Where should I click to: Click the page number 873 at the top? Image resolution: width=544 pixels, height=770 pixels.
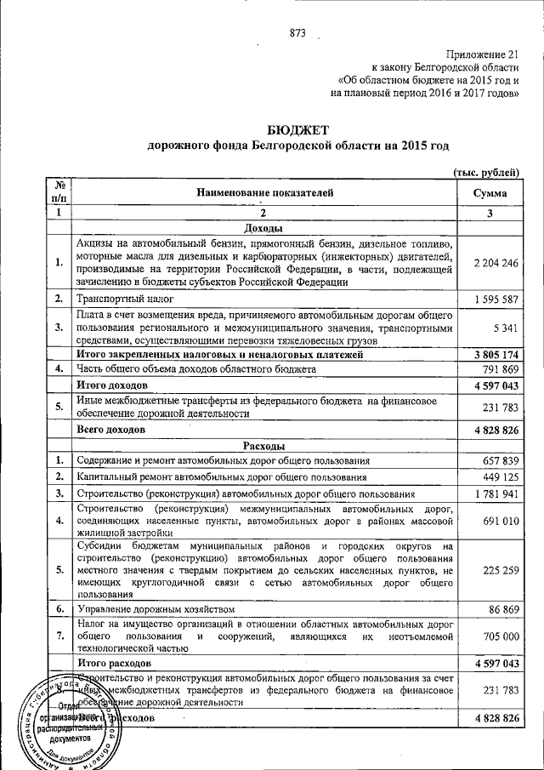(x=297, y=33)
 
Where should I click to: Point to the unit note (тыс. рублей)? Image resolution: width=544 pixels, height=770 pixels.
(x=485, y=172)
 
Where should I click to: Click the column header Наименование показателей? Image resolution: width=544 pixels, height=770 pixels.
(x=265, y=193)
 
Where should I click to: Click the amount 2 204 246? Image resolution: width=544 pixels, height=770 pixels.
(x=491, y=263)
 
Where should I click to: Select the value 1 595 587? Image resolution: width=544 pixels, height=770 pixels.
(x=491, y=299)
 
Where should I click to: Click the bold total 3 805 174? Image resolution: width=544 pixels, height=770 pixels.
(x=491, y=354)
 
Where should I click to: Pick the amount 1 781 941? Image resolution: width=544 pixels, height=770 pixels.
(x=491, y=493)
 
